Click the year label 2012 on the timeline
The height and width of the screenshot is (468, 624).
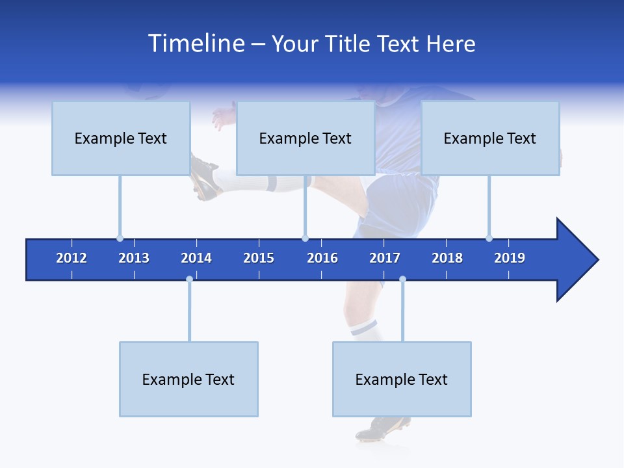(x=71, y=258)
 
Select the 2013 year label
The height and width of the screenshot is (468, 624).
(x=134, y=258)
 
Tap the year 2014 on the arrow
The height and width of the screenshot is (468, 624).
(x=196, y=258)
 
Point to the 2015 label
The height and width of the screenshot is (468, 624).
(x=259, y=258)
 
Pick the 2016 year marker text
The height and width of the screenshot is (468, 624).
(x=322, y=258)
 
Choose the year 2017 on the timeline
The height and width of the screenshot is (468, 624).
(x=385, y=258)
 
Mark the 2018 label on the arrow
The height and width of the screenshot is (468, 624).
(x=447, y=258)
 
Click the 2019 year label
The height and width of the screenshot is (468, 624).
(x=510, y=258)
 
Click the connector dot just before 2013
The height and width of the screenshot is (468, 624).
(x=120, y=238)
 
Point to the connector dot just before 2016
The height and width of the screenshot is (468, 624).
(x=305, y=238)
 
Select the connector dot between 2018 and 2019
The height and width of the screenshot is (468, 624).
(x=489, y=238)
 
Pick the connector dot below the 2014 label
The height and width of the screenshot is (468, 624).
(x=189, y=279)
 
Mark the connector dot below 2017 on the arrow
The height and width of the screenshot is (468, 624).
(x=402, y=279)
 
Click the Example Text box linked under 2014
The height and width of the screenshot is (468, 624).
(x=188, y=379)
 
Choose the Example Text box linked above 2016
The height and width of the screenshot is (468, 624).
(x=305, y=138)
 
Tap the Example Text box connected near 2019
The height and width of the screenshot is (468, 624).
(x=490, y=138)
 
